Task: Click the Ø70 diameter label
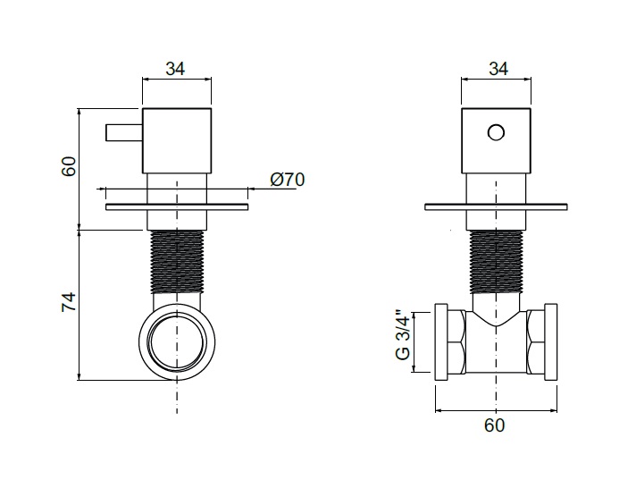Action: tap(287, 180)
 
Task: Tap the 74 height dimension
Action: tap(70, 302)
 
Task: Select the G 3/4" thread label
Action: tap(404, 335)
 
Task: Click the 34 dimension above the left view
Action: tap(175, 69)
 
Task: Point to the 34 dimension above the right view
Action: tap(498, 69)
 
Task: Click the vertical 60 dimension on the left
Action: tap(69, 166)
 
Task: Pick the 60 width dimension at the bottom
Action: tap(495, 425)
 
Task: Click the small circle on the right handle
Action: tap(496, 133)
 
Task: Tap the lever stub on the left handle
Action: tap(123, 133)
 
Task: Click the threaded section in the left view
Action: tap(177, 262)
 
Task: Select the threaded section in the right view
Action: tap(496, 262)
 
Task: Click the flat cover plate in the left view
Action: tap(177, 207)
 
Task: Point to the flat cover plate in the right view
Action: tap(496, 207)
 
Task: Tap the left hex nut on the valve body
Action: tap(456, 341)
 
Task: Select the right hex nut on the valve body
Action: tap(535, 341)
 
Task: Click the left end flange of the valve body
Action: tap(441, 341)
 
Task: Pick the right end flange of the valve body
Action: tap(551, 341)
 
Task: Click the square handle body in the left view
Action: tap(177, 141)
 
